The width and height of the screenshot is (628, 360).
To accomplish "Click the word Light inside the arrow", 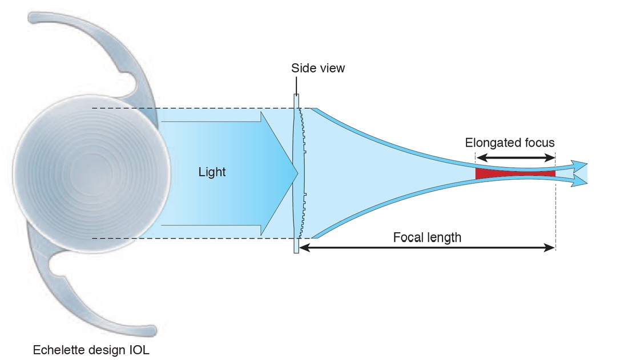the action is (x=212, y=172).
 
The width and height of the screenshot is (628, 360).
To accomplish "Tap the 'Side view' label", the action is (x=317, y=68).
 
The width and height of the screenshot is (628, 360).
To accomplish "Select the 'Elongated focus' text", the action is (x=509, y=143).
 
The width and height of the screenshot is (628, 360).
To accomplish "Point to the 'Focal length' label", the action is (x=427, y=237).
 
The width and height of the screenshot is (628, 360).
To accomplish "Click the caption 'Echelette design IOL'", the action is (x=91, y=350).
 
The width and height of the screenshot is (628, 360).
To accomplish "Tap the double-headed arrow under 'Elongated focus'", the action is (x=516, y=157).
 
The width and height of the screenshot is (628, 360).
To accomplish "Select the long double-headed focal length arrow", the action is (x=427, y=248).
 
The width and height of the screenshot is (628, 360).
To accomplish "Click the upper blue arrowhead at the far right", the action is (x=579, y=165).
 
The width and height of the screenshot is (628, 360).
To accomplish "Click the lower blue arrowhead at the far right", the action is (x=579, y=181).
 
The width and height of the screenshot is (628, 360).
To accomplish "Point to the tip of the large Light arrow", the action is (x=298, y=173).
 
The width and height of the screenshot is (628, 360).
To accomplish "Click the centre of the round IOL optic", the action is (x=92, y=173).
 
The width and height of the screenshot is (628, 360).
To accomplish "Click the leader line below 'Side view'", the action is (x=296, y=86).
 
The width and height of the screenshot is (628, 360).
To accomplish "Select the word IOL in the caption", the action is (x=139, y=350).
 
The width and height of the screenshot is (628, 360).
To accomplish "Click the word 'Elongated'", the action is (x=492, y=143).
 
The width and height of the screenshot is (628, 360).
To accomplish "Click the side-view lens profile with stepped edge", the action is (x=300, y=173).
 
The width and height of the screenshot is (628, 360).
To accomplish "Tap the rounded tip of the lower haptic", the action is (x=151, y=331).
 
